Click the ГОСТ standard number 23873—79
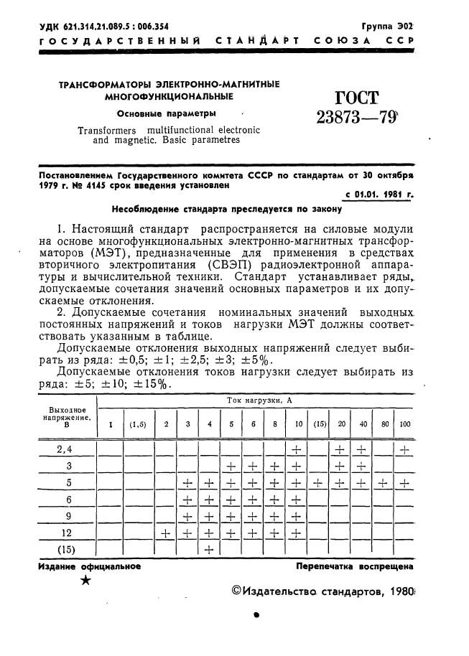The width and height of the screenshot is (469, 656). [357, 117]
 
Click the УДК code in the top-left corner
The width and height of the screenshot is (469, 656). [104, 26]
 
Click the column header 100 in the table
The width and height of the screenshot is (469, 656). [405, 424]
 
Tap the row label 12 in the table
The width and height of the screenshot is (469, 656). [65, 533]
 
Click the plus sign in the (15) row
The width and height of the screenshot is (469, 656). [209, 550]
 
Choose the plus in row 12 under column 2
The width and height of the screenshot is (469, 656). [166, 533]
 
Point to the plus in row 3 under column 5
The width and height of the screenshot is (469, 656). [231, 467]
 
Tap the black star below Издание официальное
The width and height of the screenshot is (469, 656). [86, 581]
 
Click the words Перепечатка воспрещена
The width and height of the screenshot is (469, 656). [354, 566]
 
